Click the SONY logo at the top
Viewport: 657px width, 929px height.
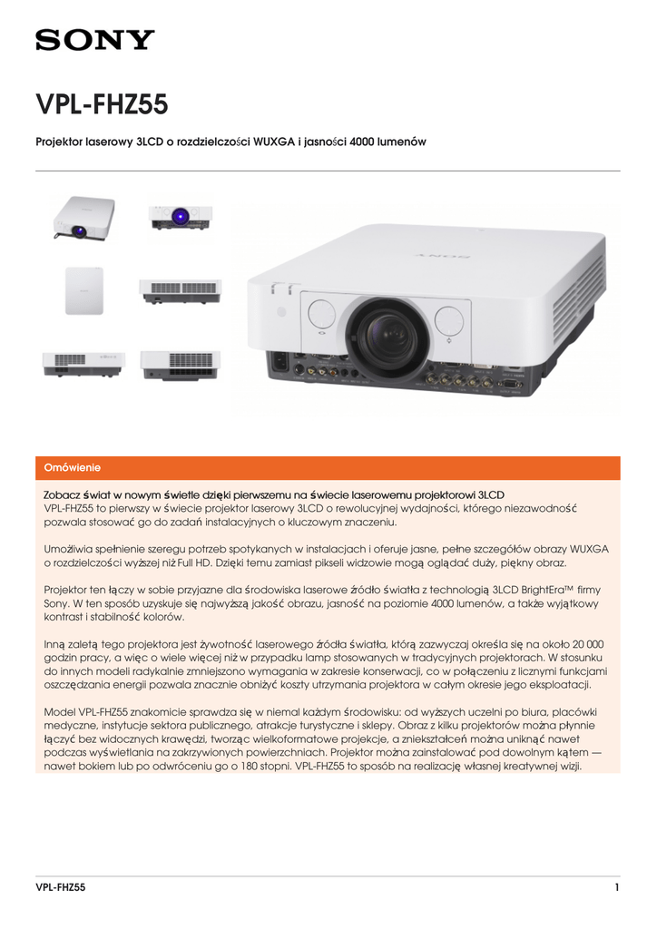click(94, 40)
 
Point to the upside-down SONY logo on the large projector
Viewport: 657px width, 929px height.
click(443, 256)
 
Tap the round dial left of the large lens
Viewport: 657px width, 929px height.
click(321, 316)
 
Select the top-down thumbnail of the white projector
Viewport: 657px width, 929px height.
click(84, 290)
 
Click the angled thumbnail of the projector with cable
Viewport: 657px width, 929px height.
click(83, 219)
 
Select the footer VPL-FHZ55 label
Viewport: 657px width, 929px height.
click(60, 886)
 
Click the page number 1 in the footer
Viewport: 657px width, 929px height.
click(617, 886)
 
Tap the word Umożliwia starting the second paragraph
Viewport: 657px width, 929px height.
click(71, 550)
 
